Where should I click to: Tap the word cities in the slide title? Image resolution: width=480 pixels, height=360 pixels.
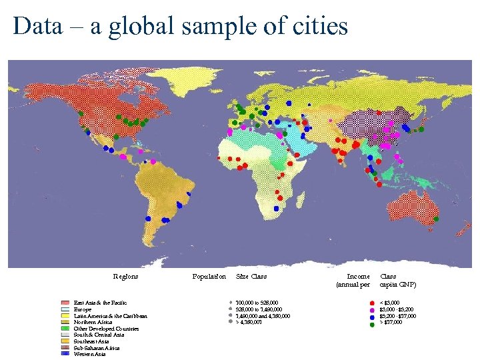(x=320, y=27)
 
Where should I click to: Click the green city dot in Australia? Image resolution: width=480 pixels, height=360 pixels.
(x=437, y=219)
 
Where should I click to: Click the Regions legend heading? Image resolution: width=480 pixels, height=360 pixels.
(x=125, y=276)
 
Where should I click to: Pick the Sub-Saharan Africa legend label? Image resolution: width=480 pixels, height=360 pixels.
(x=97, y=348)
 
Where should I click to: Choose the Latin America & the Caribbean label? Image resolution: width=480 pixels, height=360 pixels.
(x=110, y=316)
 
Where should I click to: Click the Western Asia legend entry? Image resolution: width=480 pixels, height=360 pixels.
(x=90, y=354)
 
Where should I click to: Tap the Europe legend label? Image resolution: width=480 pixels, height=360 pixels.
(x=83, y=309)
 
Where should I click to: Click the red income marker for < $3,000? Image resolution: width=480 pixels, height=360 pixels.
(x=372, y=303)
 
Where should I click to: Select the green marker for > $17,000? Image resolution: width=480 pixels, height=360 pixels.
(x=372, y=323)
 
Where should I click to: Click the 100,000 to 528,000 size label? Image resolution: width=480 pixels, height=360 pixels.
(x=257, y=303)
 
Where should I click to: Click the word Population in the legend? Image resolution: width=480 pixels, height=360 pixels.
(x=209, y=276)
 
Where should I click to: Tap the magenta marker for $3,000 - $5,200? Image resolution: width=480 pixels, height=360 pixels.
(x=372, y=310)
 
